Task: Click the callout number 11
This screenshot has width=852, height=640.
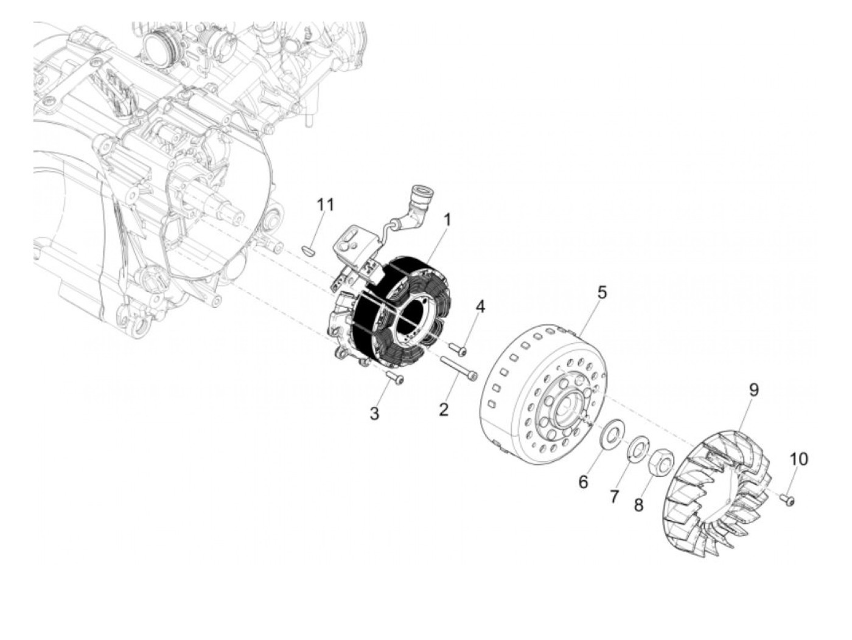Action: (326, 204)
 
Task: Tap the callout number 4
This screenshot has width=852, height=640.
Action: (480, 306)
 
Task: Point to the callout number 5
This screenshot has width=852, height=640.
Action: (602, 292)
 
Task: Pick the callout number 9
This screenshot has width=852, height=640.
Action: (753, 390)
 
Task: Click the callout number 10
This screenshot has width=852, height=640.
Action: (799, 459)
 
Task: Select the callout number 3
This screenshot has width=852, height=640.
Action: (374, 414)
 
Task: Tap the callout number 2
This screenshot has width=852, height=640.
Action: (444, 409)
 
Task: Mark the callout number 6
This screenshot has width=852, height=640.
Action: (583, 482)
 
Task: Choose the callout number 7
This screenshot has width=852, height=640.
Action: (613, 496)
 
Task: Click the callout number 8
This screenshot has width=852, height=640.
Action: (638, 505)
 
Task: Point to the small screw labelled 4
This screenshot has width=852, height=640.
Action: (458, 349)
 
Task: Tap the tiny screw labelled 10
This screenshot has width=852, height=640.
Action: (787, 499)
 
